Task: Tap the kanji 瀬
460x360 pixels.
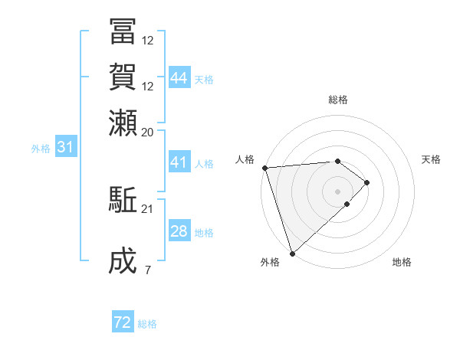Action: (x=123, y=123)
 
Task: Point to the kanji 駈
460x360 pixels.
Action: (x=123, y=200)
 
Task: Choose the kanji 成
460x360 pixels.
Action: (x=123, y=261)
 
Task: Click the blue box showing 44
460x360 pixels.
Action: (x=179, y=78)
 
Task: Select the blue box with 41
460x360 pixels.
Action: (x=179, y=162)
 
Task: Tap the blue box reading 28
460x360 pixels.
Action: (x=179, y=231)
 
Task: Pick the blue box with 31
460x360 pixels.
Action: (x=65, y=147)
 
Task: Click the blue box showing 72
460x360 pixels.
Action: (x=123, y=322)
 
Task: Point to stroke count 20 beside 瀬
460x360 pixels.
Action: (x=147, y=132)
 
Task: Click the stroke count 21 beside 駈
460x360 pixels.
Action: (x=147, y=208)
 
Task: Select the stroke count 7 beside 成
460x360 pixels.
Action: (x=147, y=270)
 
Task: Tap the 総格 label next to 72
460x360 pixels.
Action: (x=147, y=324)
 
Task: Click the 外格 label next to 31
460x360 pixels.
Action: (x=41, y=149)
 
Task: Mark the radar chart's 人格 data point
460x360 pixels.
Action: (x=264, y=168)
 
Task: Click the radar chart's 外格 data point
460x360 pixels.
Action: (x=292, y=252)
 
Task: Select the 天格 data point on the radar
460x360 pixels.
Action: (x=367, y=182)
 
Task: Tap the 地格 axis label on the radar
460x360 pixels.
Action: (x=402, y=263)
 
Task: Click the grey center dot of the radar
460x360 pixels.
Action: (x=337, y=191)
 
